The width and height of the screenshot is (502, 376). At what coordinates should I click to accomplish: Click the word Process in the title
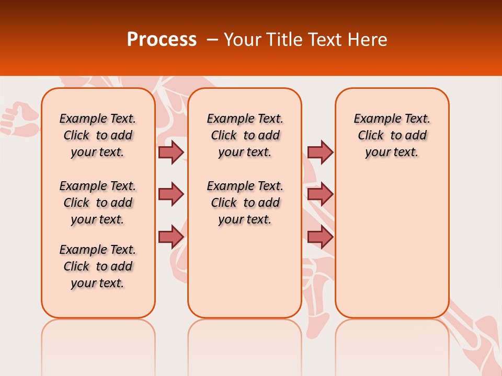point(162,39)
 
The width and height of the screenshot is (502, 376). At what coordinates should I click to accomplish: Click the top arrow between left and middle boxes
point(171,152)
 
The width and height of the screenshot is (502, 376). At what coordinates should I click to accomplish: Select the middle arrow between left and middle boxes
point(171,195)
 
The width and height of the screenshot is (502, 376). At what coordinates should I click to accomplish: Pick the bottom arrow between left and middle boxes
point(171,237)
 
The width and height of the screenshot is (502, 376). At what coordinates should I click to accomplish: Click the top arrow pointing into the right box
point(320,152)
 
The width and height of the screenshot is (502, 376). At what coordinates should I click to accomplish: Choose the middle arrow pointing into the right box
point(320,195)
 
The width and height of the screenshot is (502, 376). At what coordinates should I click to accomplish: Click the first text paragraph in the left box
point(98,135)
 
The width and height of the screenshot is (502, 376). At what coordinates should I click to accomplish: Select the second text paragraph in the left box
point(98,203)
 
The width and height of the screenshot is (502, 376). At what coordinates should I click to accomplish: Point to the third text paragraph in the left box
point(98,266)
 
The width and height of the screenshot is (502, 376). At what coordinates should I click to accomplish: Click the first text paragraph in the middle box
point(245,135)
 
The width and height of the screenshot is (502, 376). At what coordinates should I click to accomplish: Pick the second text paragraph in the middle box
point(245,203)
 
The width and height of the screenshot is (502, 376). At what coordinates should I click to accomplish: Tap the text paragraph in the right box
point(392,135)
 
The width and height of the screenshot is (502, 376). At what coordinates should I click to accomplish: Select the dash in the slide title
point(212,40)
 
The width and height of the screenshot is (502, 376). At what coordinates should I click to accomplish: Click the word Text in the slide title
point(326,39)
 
